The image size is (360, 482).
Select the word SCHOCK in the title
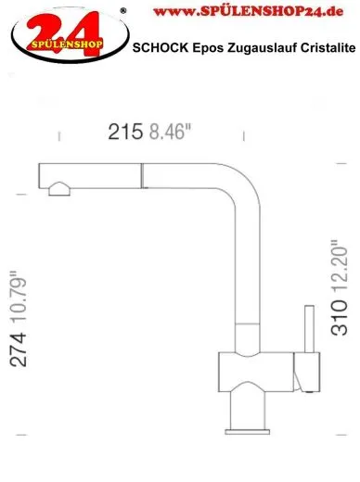[x=161, y=47]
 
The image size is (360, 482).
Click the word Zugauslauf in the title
[x=256, y=47]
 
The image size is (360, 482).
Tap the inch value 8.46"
[x=173, y=133]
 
